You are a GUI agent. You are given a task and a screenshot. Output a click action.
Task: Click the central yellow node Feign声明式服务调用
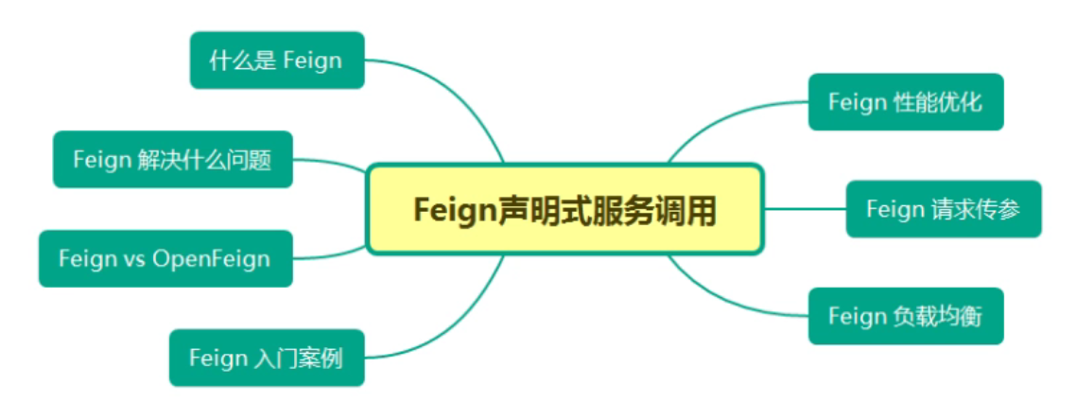[x=564, y=209]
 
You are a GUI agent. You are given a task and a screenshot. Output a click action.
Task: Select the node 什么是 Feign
[x=276, y=61]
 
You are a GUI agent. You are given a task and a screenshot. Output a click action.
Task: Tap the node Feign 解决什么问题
[x=172, y=160]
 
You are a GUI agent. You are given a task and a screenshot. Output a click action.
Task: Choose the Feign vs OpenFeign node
[x=165, y=258]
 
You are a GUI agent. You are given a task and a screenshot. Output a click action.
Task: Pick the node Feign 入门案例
[x=266, y=358]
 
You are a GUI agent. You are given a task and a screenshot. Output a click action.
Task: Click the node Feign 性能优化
[x=905, y=102]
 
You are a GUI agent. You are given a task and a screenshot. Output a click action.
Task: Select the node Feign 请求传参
[x=943, y=209]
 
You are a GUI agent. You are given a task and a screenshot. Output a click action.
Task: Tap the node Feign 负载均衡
[x=905, y=316]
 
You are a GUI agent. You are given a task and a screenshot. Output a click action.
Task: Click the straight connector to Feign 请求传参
[x=804, y=209]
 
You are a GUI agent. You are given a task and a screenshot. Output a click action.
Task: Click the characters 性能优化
[x=938, y=102]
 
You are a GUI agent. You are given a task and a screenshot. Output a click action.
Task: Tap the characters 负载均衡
[x=938, y=316]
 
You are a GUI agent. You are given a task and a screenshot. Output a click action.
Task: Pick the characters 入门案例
[x=299, y=358]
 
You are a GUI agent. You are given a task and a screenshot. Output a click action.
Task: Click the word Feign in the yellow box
[x=455, y=209]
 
